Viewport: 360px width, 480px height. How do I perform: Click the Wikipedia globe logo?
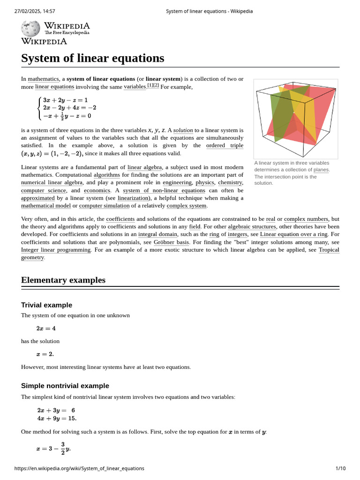click(x=30, y=29)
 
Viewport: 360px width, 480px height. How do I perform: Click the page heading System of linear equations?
click(x=93, y=58)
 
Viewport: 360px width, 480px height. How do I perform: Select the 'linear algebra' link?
click(x=144, y=167)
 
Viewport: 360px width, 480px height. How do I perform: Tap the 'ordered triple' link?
click(x=225, y=145)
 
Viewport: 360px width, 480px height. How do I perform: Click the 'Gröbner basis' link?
click(x=172, y=242)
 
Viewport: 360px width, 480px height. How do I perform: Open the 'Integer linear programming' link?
click(x=56, y=250)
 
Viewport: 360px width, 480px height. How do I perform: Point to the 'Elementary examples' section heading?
click(x=63, y=280)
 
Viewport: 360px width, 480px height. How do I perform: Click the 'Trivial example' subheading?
click(x=46, y=305)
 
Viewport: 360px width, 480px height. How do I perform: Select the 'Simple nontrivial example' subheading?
click(x=65, y=386)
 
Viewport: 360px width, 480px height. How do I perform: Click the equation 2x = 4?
click(x=46, y=329)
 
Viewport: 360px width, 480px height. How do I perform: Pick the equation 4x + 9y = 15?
click(x=57, y=418)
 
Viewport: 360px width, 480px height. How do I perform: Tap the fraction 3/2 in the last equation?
click(x=63, y=449)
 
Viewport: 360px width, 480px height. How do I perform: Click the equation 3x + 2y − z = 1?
click(x=65, y=100)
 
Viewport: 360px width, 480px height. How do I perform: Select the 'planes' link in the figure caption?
click(x=321, y=170)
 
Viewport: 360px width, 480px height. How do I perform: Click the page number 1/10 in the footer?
click(x=340, y=468)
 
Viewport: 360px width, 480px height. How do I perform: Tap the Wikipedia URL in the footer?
click(x=79, y=468)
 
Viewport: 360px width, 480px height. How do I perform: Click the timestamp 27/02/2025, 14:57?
click(x=35, y=11)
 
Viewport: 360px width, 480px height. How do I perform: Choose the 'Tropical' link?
click(x=329, y=250)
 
